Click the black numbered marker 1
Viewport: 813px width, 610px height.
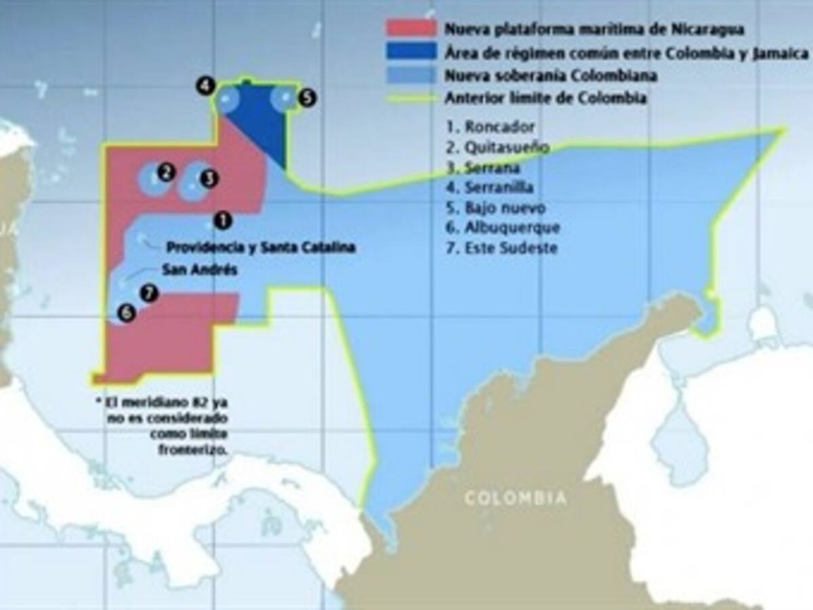pyautogui.click(x=222, y=220)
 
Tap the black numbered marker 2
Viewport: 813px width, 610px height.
pyautogui.click(x=165, y=173)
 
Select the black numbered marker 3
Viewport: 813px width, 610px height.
pyautogui.click(x=209, y=178)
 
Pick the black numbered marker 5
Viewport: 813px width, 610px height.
pyautogui.click(x=307, y=98)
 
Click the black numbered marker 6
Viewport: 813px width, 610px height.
pyautogui.click(x=126, y=312)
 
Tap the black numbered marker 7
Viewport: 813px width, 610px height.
pyautogui.click(x=149, y=293)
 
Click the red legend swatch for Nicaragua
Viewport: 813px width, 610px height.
pyautogui.click(x=411, y=29)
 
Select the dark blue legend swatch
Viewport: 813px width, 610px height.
pyautogui.click(x=411, y=52)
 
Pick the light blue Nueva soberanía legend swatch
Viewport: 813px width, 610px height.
pyautogui.click(x=411, y=75)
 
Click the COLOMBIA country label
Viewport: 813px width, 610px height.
pyautogui.click(x=515, y=499)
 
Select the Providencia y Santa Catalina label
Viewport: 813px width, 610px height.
pyautogui.click(x=261, y=248)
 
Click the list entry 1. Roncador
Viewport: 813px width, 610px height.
pyautogui.click(x=491, y=127)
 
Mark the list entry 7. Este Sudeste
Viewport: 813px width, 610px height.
pyautogui.click(x=501, y=248)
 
